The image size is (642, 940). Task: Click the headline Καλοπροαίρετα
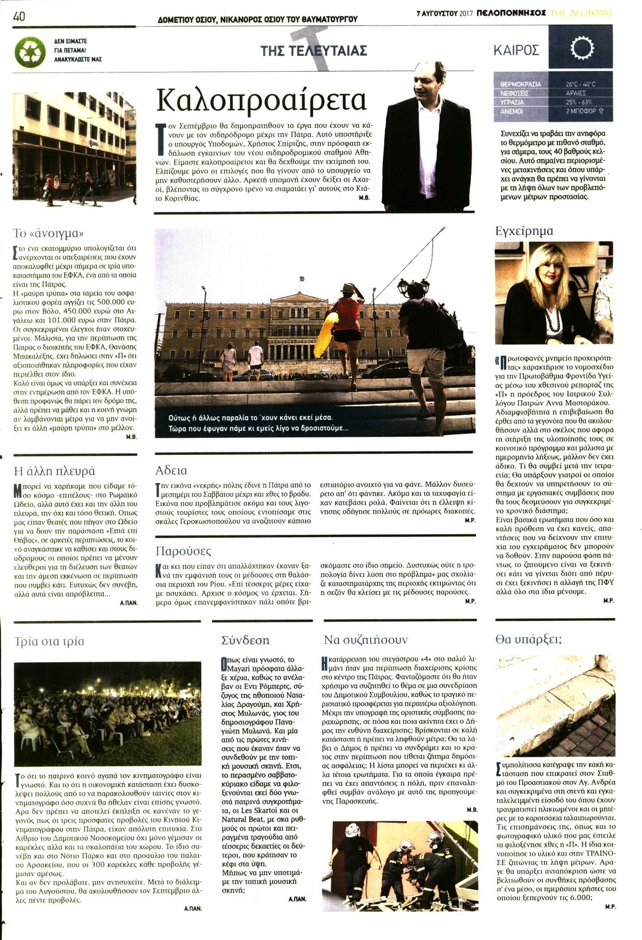point(261,100)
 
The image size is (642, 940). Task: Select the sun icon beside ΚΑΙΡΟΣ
point(581,48)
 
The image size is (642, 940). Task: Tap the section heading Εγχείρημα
point(524,231)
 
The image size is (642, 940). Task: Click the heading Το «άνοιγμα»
point(47,234)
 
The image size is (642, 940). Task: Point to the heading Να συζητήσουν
point(366,640)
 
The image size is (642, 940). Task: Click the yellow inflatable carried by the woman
point(325,335)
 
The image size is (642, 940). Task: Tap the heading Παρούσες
point(183,551)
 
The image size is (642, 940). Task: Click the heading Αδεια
point(171,470)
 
